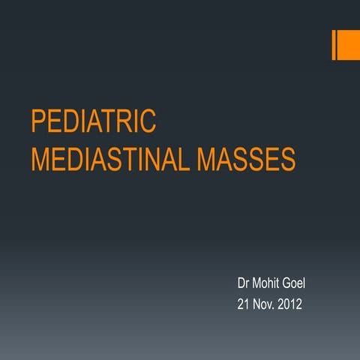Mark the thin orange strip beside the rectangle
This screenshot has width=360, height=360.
coord(334,45)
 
